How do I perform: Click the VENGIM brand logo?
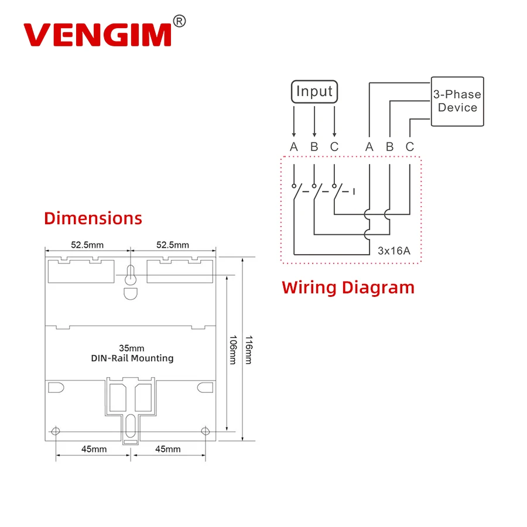97,35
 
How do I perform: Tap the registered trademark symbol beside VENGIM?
180,22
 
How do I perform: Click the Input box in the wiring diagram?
314,92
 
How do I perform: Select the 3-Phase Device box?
457,101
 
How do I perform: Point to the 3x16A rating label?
393,251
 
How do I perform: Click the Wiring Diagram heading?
348,288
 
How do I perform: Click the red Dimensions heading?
93,218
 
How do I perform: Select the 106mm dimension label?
232,350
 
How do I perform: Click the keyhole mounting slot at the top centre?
131,275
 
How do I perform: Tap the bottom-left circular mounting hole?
56,432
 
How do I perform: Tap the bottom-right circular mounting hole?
205,432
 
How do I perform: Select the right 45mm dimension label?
168,449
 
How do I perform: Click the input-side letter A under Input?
294,147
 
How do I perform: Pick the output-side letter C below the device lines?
410,147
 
